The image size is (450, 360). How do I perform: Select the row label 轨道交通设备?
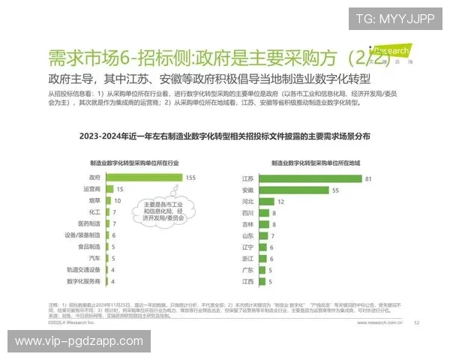click(x=84, y=269)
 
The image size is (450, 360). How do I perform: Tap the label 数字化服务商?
click(x=84, y=281)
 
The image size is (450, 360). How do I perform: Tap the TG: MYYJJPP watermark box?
click(x=395, y=18)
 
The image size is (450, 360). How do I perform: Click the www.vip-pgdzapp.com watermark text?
click(x=79, y=341)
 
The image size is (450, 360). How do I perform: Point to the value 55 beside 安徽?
click(x=335, y=190)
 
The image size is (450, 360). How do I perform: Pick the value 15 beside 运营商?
click(x=119, y=190)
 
